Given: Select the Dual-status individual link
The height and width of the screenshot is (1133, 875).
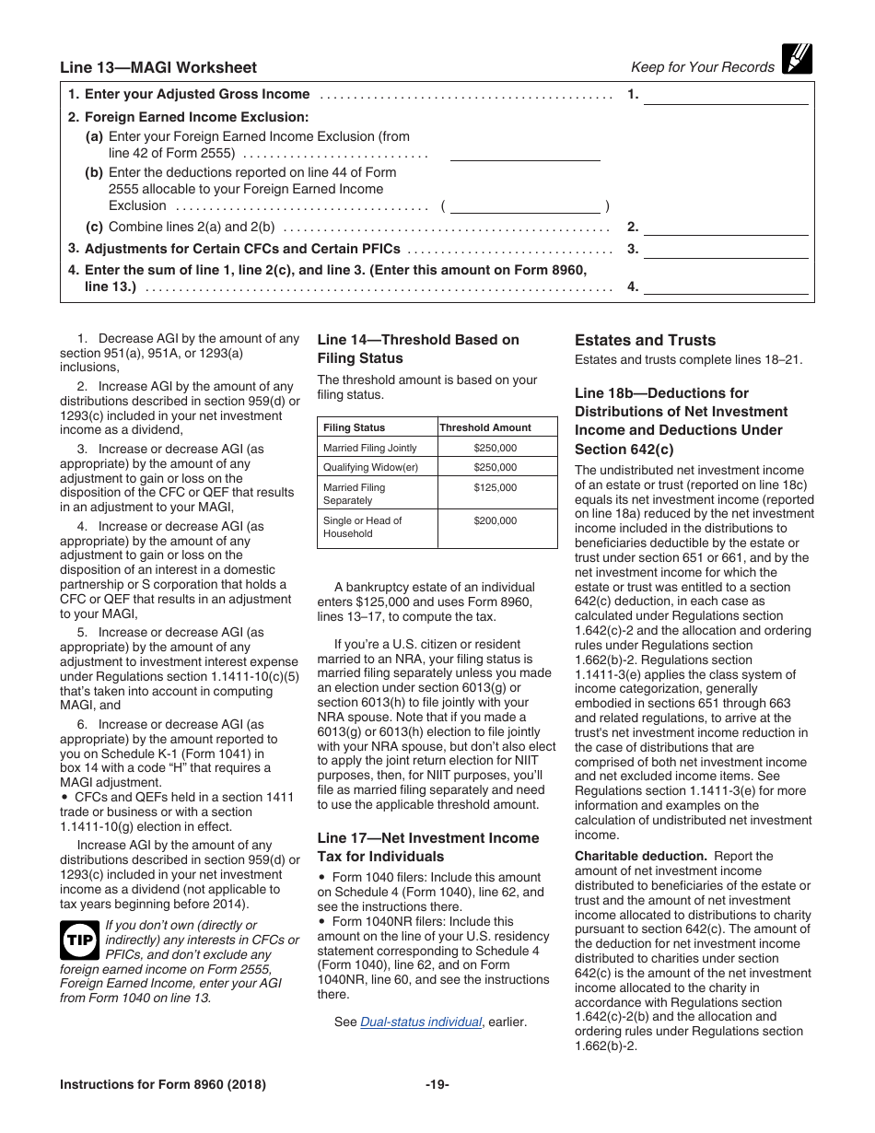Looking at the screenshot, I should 421,1022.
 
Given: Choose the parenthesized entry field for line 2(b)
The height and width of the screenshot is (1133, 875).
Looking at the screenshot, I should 524,206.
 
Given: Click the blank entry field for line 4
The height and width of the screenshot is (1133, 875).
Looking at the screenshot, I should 725,287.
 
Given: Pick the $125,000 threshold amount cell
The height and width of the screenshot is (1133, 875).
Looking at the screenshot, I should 496,488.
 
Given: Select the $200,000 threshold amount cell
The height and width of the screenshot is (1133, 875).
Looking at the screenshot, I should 496,521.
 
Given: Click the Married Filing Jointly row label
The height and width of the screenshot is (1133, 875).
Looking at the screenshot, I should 369,448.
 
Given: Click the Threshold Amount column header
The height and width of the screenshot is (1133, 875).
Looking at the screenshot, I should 485,427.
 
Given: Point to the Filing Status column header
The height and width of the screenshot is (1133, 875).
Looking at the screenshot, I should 355,427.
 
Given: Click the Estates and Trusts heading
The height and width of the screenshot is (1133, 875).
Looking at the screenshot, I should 645,340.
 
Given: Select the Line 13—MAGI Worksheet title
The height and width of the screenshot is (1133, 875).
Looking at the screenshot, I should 158,67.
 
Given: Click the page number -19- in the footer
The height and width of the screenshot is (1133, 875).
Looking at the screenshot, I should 437,1084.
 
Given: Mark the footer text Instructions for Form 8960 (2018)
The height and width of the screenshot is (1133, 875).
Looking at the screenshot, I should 163,1084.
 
